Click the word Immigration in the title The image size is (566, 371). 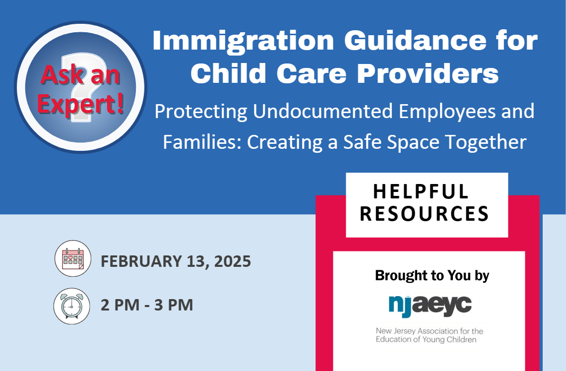[243, 41]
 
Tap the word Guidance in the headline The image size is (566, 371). [416, 40]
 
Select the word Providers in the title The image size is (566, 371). [428, 73]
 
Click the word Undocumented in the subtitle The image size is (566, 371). [323, 111]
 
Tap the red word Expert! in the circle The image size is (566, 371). [81, 104]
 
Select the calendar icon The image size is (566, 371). [73, 258]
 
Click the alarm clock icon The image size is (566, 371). [72, 306]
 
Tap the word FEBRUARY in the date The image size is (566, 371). [141, 261]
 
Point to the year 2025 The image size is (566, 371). [233, 261]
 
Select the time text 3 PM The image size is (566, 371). [174, 305]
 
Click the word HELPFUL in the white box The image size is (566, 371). [421, 191]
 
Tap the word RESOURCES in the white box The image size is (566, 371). [425, 214]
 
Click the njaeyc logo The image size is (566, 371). [430, 306]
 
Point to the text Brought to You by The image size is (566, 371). [432, 275]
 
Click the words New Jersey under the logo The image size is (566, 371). [396, 331]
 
